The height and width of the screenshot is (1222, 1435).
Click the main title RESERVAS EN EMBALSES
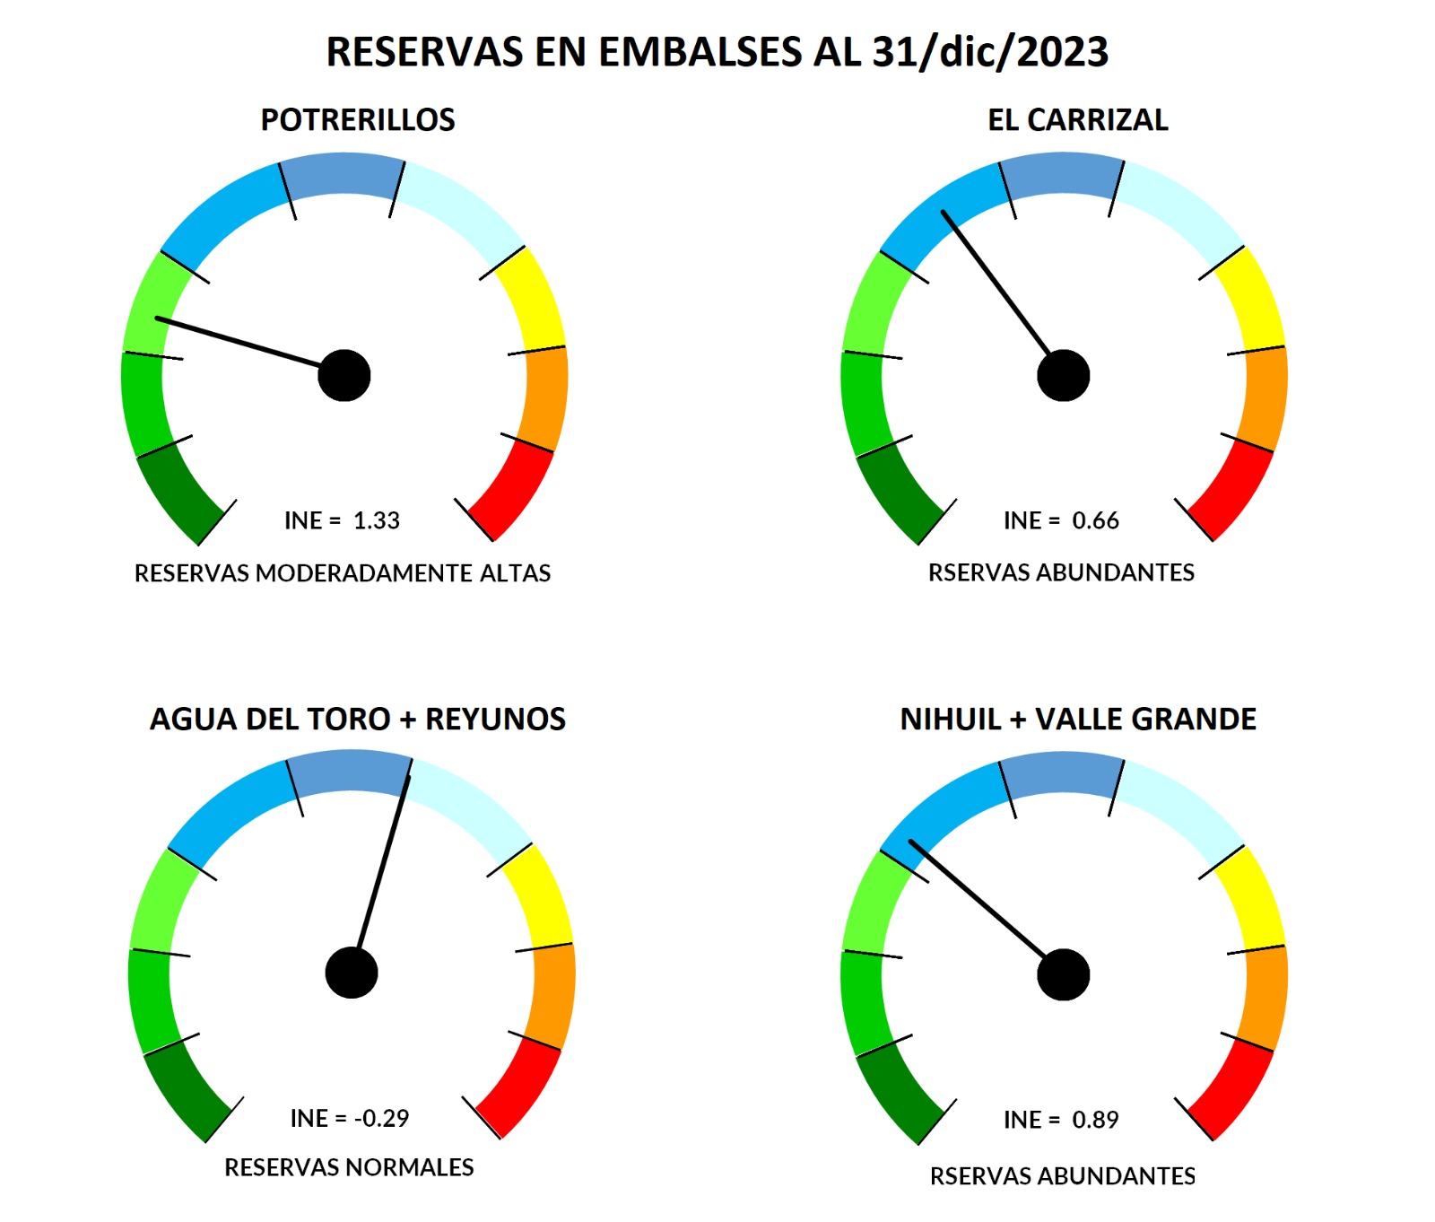click(x=717, y=52)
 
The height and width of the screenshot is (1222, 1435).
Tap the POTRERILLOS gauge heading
click(x=357, y=119)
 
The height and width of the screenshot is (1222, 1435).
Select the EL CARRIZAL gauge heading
click(x=1077, y=119)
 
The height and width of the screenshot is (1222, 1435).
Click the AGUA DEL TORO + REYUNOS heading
click(x=357, y=719)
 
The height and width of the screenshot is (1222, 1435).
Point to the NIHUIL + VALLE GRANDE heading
click(x=1078, y=719)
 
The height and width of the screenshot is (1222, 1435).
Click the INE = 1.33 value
click(x=342, y=520)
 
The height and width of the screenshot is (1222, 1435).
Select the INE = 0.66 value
click(x=1061, y=520)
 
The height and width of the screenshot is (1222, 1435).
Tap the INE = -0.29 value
click(x=349, y=1118)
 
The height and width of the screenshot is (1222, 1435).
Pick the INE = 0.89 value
click(x=1061, y=1120)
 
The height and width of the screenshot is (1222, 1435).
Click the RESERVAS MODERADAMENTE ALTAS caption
click(x=342, y=572)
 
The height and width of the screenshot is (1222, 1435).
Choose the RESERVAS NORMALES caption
click(x=349, y=1167)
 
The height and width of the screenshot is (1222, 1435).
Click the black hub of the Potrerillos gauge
click(x=344, y=375)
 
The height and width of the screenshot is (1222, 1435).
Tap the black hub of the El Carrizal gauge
click(x=1064, y=375)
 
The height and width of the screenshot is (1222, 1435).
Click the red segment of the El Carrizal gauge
click(x=1232, y=489)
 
